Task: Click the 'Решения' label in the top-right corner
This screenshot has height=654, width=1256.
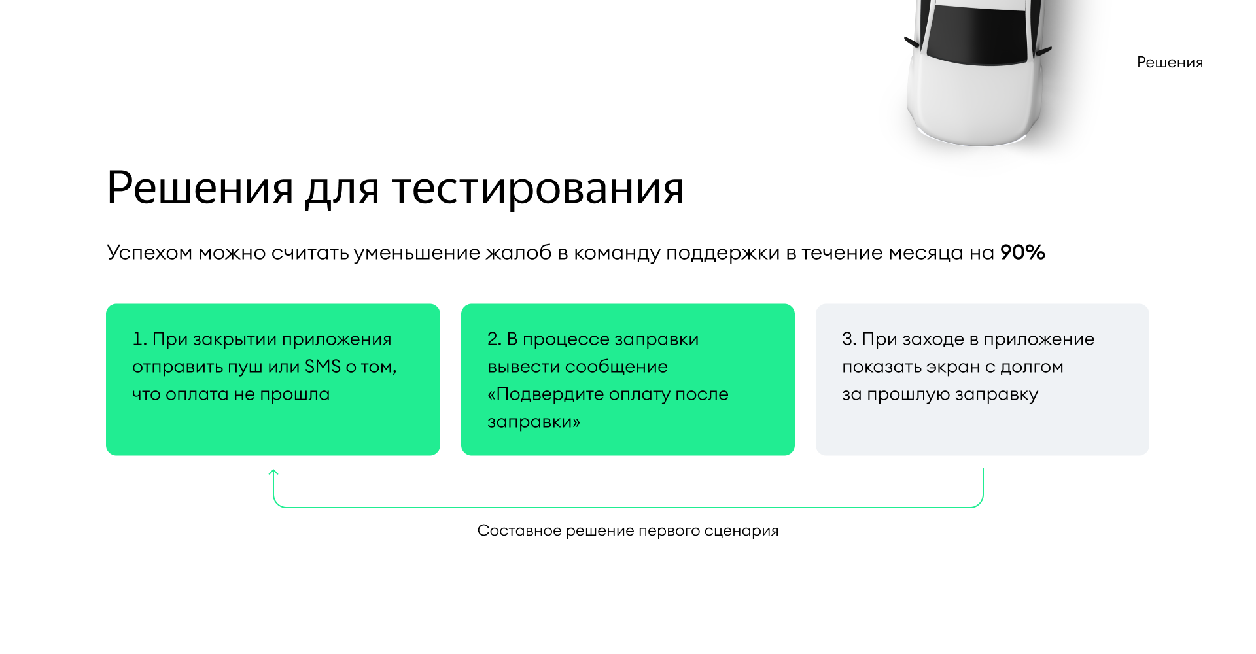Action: tap(1170, 62)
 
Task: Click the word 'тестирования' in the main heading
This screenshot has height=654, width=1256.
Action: tap(538, 188)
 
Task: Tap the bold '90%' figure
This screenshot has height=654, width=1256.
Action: tap(1022, 252)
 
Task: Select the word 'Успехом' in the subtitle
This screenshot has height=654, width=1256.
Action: tap(149, 252)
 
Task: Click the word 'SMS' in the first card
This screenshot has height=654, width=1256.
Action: tap(323, 366)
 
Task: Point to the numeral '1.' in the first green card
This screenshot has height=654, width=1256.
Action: tap(139, 339)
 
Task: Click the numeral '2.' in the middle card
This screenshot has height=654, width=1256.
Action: tap(494, 339)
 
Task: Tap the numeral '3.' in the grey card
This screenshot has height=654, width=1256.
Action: tap(849, 339)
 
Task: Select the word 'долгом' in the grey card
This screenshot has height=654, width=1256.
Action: tap(1032, 368)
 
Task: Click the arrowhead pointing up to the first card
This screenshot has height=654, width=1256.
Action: tap(273, 472)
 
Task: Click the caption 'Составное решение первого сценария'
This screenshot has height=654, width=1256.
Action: tap(628, 530)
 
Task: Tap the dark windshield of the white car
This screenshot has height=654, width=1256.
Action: tap(977, 36)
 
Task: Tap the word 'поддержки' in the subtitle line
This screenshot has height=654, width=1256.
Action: tap(723, 253)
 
